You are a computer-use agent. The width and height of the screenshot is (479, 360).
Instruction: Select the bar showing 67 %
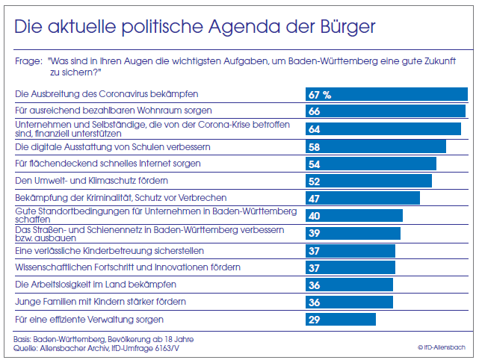coord(386,95)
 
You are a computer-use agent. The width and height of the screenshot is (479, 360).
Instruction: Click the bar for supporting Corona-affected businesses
coord(383,128)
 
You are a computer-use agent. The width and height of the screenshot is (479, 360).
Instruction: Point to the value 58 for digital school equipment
coord(315,146)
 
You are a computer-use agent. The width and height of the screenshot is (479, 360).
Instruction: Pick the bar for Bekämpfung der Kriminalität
coord(362,198)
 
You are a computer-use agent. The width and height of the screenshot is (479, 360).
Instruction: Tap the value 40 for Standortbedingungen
coord(315,215)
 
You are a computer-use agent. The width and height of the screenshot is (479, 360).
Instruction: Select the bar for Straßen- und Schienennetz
coord(353,233)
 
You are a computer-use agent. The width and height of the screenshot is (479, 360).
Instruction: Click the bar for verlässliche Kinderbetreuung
coord(350,250)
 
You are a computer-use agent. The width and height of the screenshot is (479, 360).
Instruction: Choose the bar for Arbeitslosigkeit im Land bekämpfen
coord(349,285)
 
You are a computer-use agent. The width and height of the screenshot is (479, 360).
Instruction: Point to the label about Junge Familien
coord(90,302)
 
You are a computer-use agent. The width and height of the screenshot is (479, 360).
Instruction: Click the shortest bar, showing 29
coord(340,320)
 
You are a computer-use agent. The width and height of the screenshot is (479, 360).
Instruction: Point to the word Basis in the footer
coord(25,339)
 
